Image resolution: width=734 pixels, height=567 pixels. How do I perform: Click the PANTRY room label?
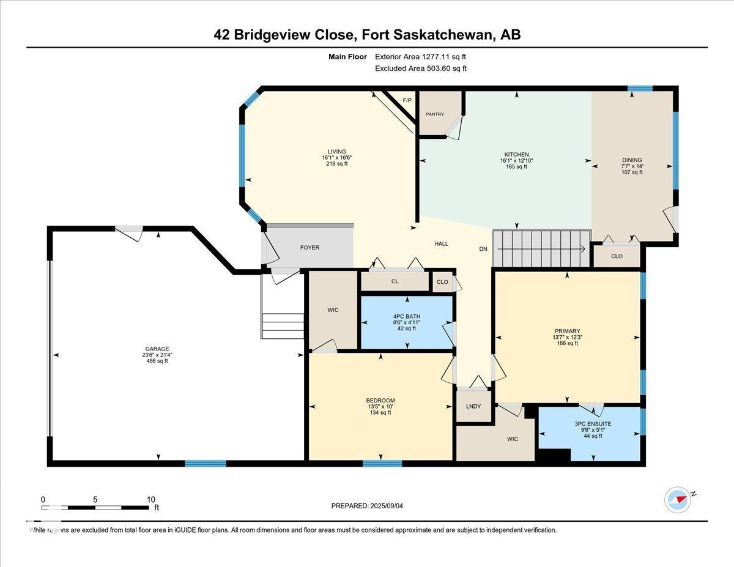click(x=435, y=114)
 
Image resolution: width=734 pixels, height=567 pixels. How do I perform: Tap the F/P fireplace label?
click(x=407, y=100)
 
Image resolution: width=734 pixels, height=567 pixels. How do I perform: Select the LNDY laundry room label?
click(x=473, y=407)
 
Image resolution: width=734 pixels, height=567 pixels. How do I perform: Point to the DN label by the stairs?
click(x=483, y=249)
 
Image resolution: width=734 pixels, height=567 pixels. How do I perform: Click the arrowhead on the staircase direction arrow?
click(x=583, y=249)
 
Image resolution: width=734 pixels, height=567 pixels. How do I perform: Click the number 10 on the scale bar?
click(x=150, y=500)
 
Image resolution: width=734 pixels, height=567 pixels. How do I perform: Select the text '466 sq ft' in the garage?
click(x=157, y=361)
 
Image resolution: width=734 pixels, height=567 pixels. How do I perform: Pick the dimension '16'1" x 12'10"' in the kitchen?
click(x=516, y=161)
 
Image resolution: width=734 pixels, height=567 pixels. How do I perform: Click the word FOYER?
click(x=310, y=248)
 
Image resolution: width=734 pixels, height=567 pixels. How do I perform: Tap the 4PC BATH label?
click(x=407, y=316)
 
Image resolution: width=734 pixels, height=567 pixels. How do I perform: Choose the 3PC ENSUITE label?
click(x=593, y=424)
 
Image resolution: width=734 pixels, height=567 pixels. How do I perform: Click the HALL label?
click(x=441, y=244)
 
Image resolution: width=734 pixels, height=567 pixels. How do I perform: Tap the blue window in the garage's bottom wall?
click(x=206, y=464)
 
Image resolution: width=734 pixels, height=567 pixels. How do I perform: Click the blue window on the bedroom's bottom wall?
click(x=382, y=464)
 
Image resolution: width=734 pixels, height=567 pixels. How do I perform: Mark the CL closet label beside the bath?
click(x=395, y=281)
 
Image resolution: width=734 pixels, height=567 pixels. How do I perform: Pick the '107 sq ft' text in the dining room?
click(x=632, y=172)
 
